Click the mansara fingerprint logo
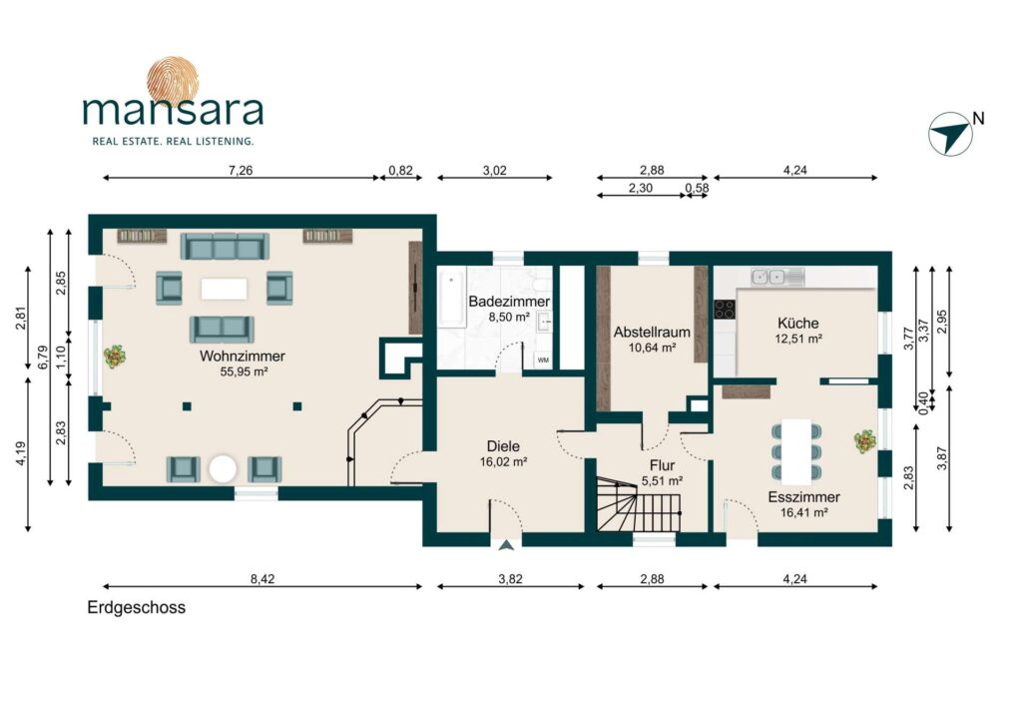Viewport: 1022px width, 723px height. click(173, 82)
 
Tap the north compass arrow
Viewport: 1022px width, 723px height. click(950, 133)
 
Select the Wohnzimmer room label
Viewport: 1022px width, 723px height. click(243, 357)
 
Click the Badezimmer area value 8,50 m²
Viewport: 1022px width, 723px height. click(509, 318)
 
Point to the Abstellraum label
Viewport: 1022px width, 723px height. click(652, 333)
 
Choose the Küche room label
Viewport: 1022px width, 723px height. click(797, 324)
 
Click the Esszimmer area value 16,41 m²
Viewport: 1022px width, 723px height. click(803, 512)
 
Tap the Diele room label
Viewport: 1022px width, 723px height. click(503, 446)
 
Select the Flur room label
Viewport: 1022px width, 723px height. click(663, 465)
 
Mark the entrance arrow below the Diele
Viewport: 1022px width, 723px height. click(506, 545)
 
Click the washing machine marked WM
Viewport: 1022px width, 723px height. click(543, 360)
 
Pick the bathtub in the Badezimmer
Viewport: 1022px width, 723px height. click(451, 300)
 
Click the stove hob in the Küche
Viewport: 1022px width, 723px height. click(724, 309)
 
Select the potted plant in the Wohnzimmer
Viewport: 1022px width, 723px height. click(116, 357)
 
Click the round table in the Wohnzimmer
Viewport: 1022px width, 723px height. click(223, 469)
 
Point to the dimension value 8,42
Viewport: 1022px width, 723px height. click(262, 579)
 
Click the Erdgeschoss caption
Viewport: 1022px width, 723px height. click(136, 607)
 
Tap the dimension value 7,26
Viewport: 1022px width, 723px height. click(240, 170)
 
